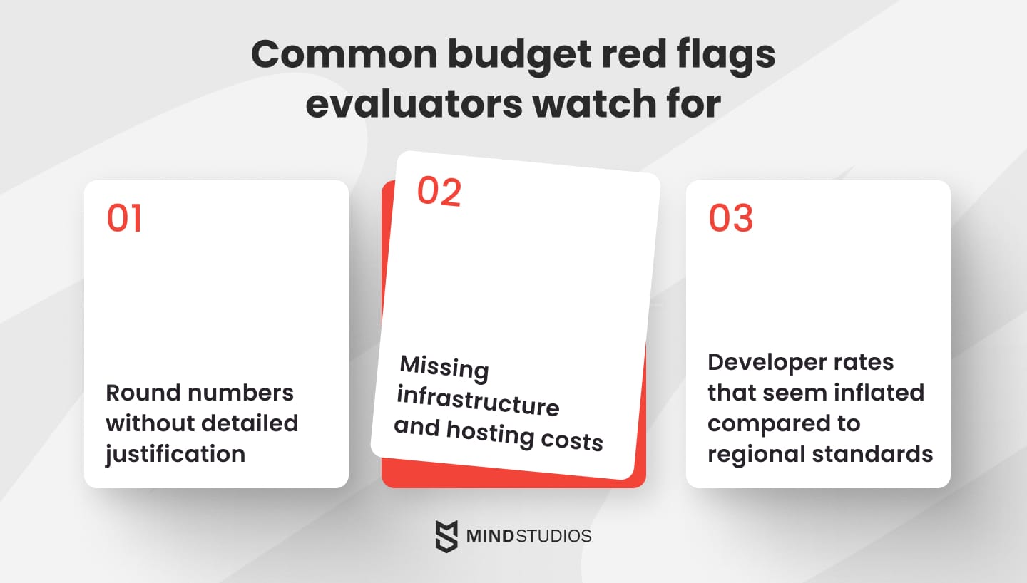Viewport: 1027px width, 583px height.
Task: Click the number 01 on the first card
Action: pos(124,218)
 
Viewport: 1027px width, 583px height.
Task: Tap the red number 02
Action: pos(439,192)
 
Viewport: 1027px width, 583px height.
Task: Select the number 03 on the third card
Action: pos(731,218)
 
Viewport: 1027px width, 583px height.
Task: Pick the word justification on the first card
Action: pos(175,453)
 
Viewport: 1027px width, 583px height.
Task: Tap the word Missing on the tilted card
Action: pos(444,368)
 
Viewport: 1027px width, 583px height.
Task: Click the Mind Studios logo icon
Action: pos(446,536)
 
